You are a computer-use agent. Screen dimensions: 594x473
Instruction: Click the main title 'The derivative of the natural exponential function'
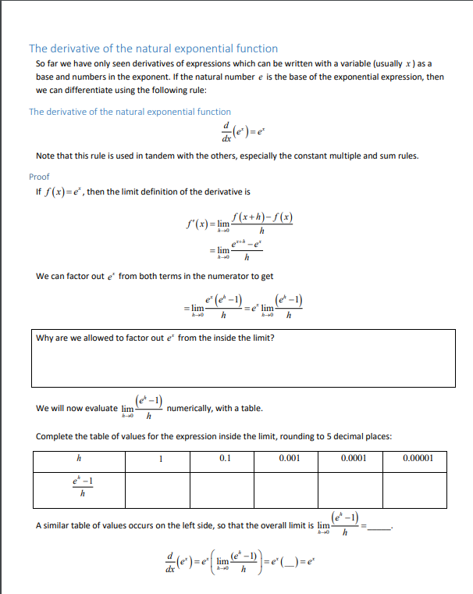(x=153, y=48)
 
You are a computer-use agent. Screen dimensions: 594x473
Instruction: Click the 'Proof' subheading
(x=39, y=177)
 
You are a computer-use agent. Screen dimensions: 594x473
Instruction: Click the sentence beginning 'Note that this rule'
(x=227, y=156)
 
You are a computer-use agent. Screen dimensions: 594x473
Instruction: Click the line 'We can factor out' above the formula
(x=155, y=276)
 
